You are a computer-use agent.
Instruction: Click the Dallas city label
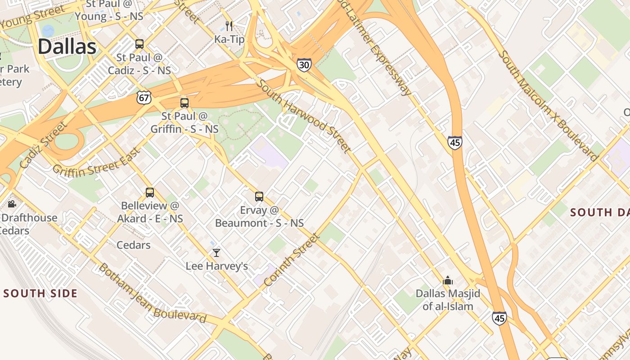pyautogui.click(x=67, y=47)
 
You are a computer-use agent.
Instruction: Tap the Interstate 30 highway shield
pyautogui.click(x=304, y=65)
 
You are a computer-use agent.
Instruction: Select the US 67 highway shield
pyautogui.click(x=144, y=97)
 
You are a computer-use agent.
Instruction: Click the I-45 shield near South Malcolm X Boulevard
pyautogui.click(x=455, y=143)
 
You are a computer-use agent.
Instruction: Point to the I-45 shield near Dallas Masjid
pyautogui.click(x=499, y=318)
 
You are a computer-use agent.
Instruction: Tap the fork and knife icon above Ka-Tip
pyautogui.click(x=229, y=26)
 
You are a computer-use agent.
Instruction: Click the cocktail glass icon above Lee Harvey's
pyautogui.click(x=216, y=253)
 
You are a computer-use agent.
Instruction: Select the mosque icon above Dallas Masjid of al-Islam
pyautogui.click(x=447, y=281)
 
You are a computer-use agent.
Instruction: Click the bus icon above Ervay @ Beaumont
pyautogui.click(x=259, y=197)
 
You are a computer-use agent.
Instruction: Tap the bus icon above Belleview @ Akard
pyautogui.click(x=150, y=193)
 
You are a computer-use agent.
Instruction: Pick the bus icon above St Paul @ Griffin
pyautogui.click(x=184, y=103)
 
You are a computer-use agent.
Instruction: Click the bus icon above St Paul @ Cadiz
pyautogui.click(x=139, y=44)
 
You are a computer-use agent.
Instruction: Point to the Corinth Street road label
pyautogui.click(x=291, y=260)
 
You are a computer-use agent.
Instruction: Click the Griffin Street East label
pyautogui.click(x=97, y=162)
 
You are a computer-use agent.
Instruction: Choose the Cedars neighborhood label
pyautogui.click(x=133, y=245)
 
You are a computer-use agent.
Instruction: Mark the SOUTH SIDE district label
pyautogui.click(x=40, y=294)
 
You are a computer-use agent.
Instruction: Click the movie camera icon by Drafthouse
pyautogui.click(x=12, y=204)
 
